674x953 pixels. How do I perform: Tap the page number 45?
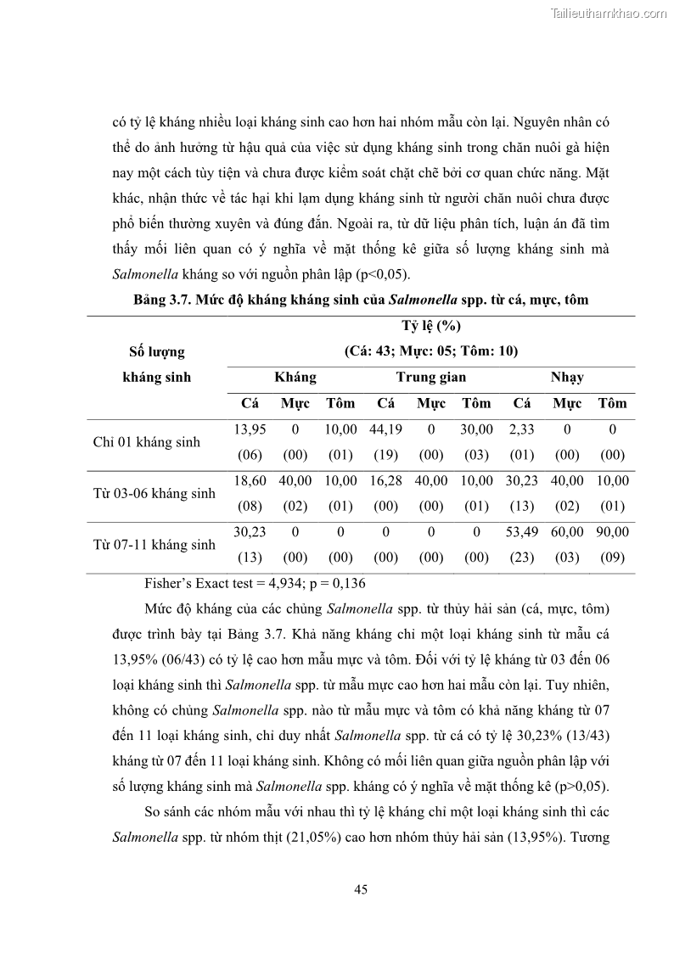tap(360, 889)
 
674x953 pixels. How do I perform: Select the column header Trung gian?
tap(431, 377)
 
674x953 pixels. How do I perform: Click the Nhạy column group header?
tap(567, 377)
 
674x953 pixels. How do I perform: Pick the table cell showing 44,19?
tap(385, 430)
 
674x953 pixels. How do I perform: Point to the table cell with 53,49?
tap(521, 532)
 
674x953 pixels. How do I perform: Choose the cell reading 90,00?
tap(612, 532)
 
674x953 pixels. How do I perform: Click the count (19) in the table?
tap(385, 455)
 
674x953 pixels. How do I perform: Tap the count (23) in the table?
tap(521, 558)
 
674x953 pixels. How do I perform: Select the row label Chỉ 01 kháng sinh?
tap(146, 442)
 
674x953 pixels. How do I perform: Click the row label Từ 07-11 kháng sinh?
tap(154, 545)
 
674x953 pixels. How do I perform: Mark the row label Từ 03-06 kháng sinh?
tap(154, 493)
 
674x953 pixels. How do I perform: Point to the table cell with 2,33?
tap(521, 430)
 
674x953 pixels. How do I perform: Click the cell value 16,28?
tap(385, 481)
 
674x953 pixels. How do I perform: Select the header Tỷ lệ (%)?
tap(431, 326)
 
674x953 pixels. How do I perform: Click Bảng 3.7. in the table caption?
tap(162, 300)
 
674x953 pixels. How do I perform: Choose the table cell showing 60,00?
tap(567, 532)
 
